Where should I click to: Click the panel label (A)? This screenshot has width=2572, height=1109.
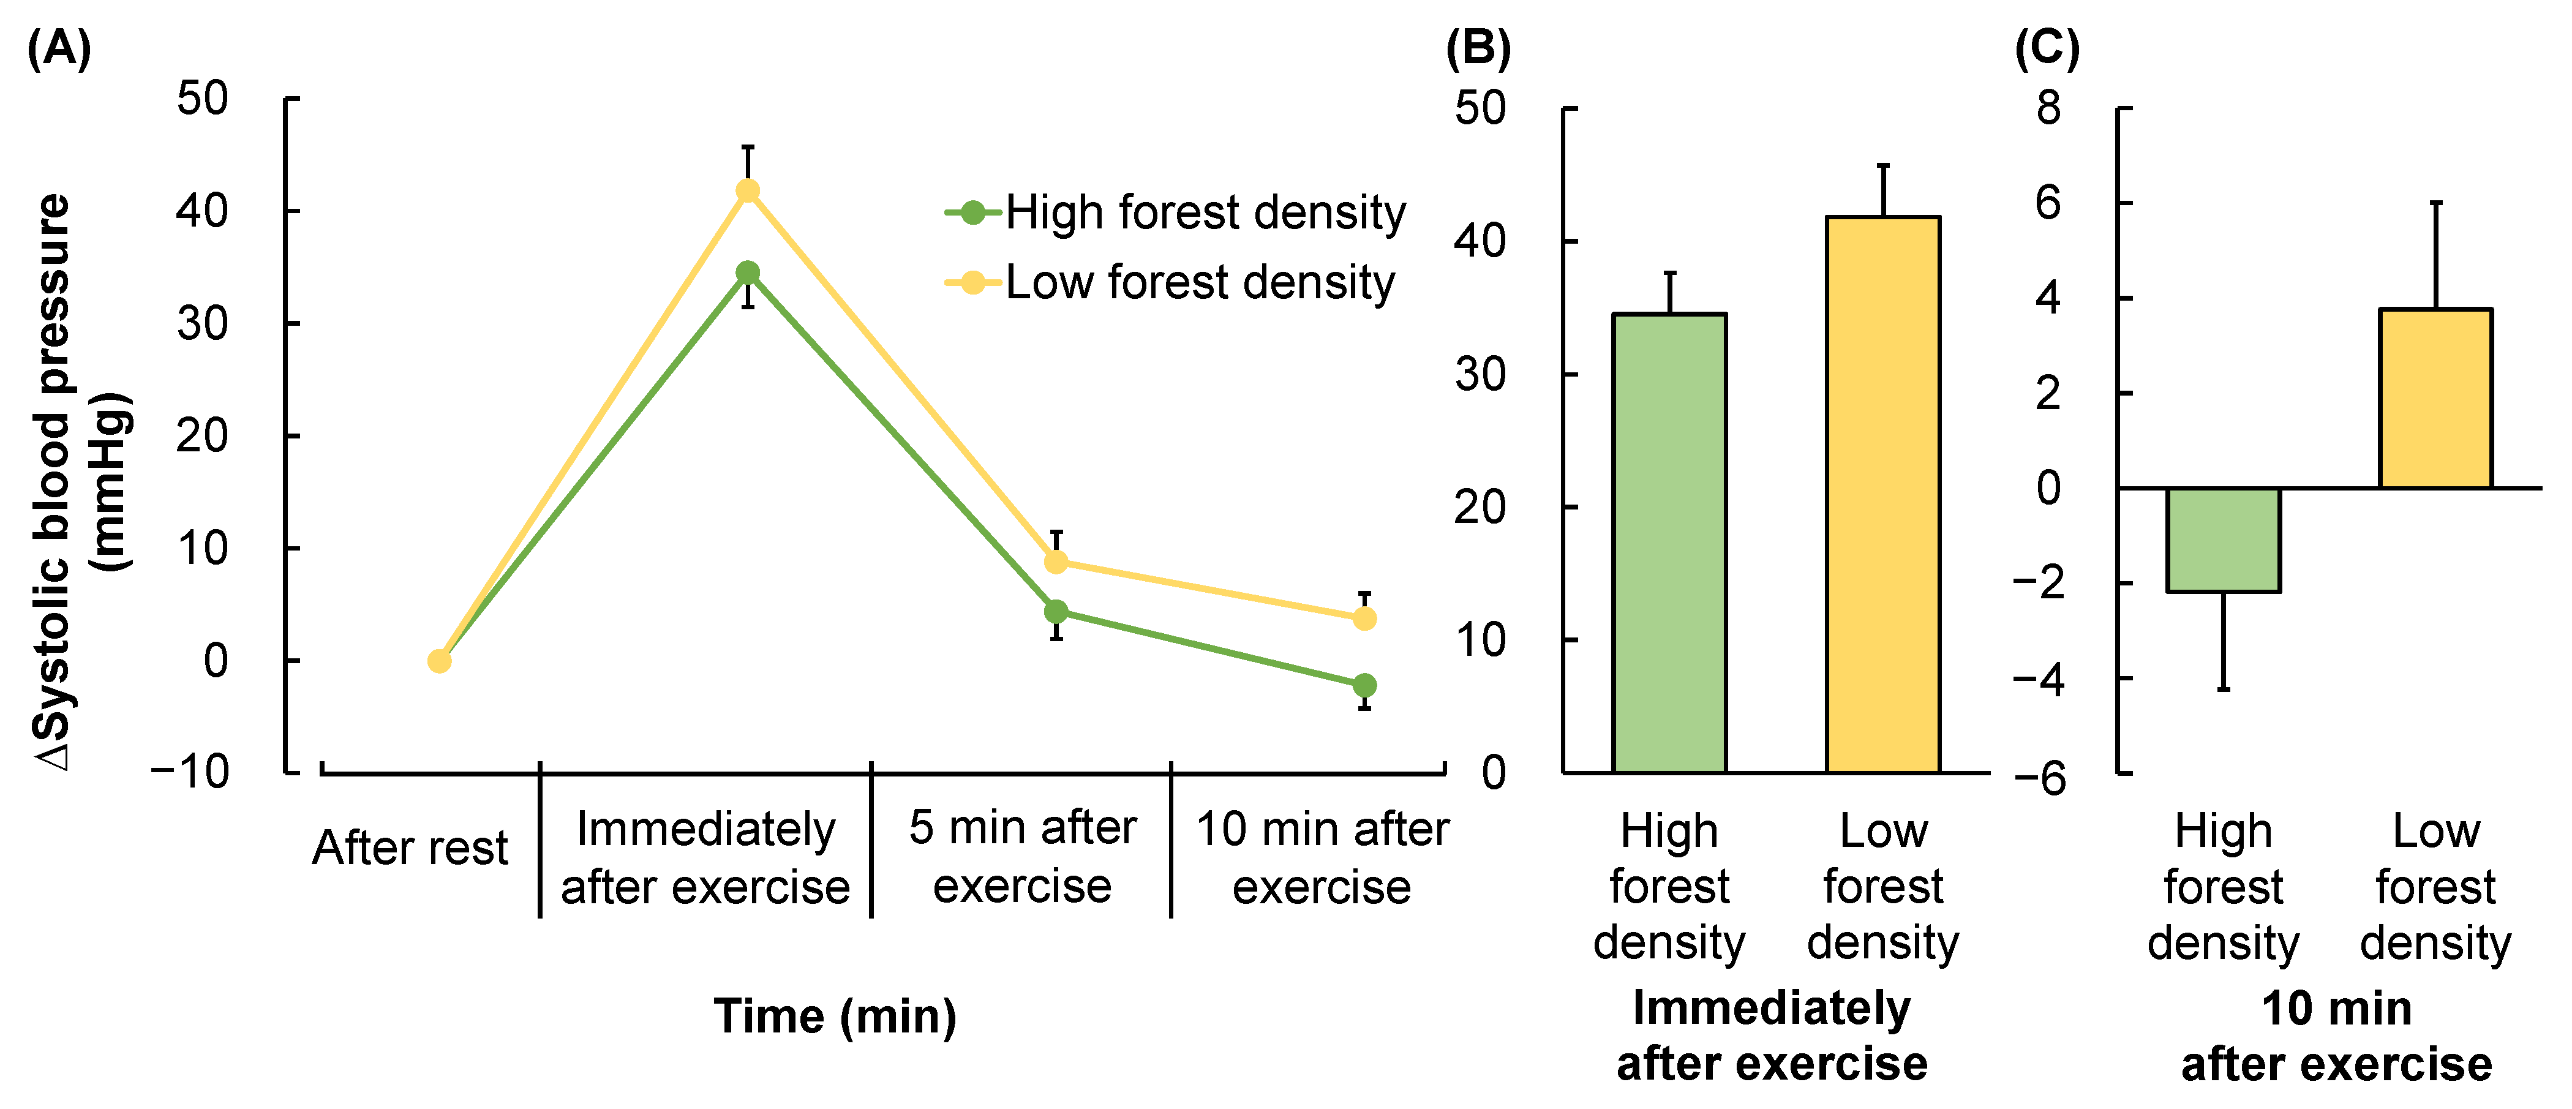pyautogui.click(x=59, y=48)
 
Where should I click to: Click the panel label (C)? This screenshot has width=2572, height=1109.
pyautogui.click(x=2047, y=48)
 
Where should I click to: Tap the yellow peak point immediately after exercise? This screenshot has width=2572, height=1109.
pyautogui.click(x=747, y=190)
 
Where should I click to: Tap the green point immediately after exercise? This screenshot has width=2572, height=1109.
pyautogui.click(x=747, y=273)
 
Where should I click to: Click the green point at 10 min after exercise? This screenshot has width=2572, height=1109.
pyautogui.click(x=1364, y=685)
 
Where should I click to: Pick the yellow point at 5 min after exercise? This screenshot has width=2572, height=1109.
pyautogui.click(x=1055, y=562)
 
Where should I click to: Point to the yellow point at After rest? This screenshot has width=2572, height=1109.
pyautogui.click(x=439, y=661)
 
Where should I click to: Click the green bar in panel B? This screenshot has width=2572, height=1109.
pyautogui.click(x=1669, y=543)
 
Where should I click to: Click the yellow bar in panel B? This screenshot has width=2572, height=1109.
pyautogui.click(x=1883, y=494)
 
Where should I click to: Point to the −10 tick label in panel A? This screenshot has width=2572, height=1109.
pyautogui.click(x=190, y=772)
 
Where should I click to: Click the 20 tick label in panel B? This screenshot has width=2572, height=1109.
pyautogui.click(x=1480, y=507)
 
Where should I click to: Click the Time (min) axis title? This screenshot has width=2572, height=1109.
pyautogui.click(x=835, y=1016)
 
